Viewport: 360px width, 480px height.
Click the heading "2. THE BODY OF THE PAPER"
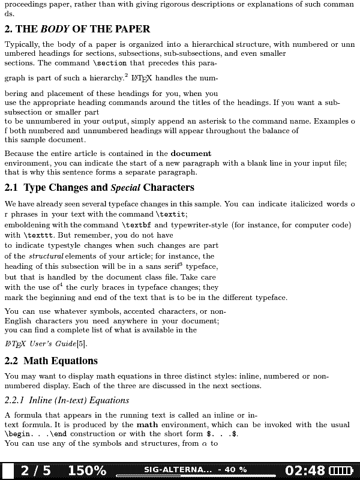pos(77,29)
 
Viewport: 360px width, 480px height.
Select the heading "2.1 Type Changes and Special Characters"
pos(100,188)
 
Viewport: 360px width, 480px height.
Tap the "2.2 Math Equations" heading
pos(51,361)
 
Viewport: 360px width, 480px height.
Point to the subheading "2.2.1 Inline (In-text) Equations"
pos(67,400)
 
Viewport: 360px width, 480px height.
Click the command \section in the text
pos(109,63)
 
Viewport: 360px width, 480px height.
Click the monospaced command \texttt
pos(40,235)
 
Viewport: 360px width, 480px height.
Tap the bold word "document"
pos(191,154)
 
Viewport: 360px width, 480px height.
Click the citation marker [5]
pos(82,344)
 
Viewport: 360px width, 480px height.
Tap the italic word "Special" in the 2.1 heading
pos(125,188)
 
